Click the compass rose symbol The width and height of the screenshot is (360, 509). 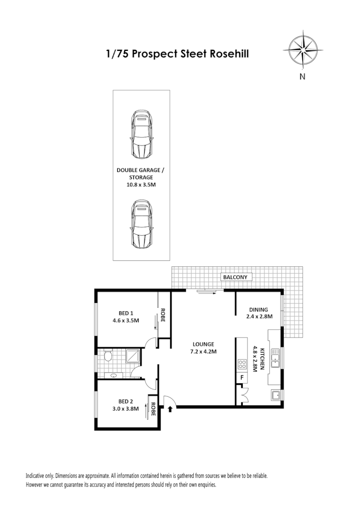[x=302, y=48]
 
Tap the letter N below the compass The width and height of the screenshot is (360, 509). [x=302, y=76]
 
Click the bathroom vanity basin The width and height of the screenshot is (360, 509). [x=113, y=376]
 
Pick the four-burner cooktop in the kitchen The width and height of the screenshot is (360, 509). [x=241, y=364]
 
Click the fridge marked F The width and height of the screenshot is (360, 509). [x=242, y=378]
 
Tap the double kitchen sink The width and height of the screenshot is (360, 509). [x=275, y=358]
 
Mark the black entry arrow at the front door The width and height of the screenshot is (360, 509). [x=170, y=409]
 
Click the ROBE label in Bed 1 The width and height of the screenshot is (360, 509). [x=163, y=314]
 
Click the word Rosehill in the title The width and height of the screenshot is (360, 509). [x=230, y=53]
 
